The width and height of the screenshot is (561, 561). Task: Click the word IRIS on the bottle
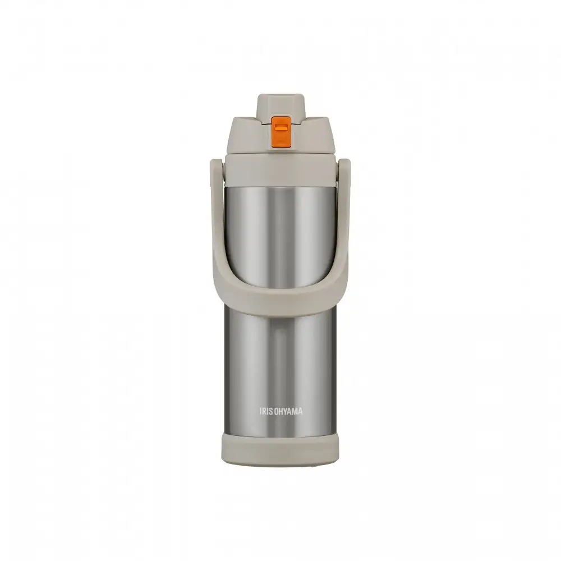point(266,411)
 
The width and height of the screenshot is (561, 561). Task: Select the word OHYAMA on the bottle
point(288,411)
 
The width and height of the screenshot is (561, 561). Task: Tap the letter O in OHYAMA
point(277,411)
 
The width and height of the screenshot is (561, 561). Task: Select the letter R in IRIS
point(264,411)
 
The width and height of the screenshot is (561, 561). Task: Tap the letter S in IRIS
point(271,411)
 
